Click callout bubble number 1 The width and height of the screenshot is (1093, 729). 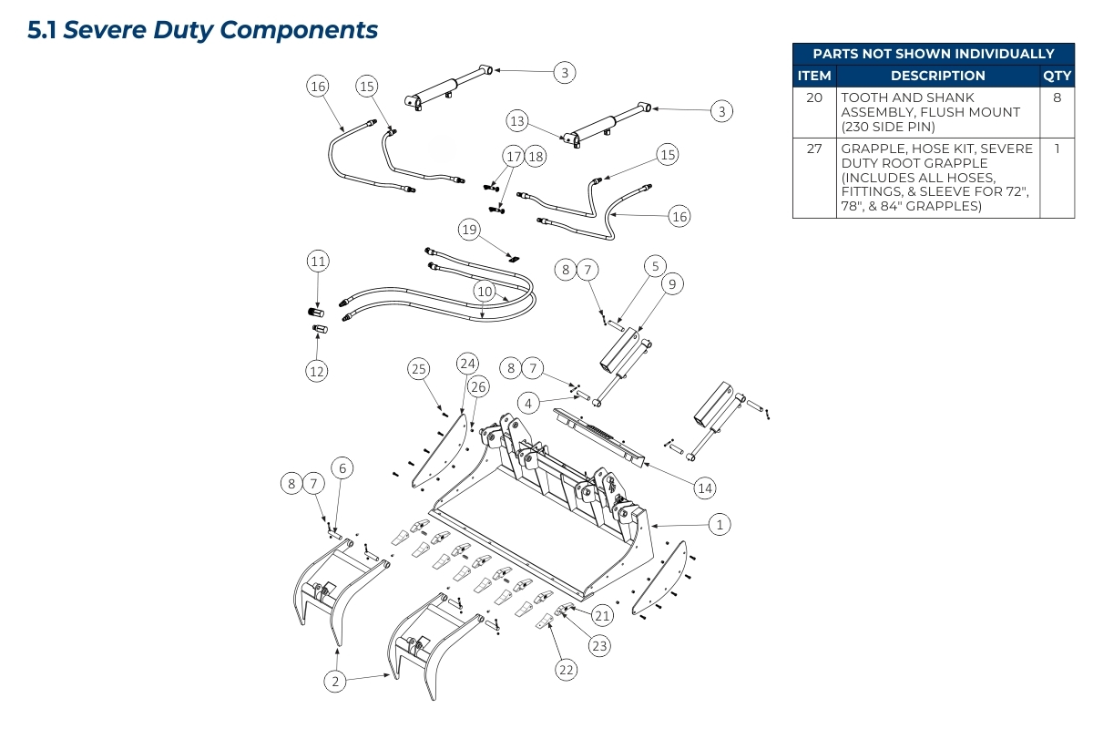[720, 525]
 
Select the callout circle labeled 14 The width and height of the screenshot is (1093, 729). [704, 488]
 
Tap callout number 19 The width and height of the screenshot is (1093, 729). [469, 230]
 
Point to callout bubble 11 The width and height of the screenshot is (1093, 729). [317, 262]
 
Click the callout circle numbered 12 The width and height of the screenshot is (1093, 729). [317, 371]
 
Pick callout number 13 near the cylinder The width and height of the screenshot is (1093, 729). [517, 121]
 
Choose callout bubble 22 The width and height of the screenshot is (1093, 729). [567, 670]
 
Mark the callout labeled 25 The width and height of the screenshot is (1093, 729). [418, 369]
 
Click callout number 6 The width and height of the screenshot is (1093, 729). [342, 468]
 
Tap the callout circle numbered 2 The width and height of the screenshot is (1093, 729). [335, 681]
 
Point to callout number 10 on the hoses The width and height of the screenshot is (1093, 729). [484, 292]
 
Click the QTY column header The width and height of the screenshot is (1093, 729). [1057, 76]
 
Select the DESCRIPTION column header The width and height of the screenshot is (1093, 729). [937, 76]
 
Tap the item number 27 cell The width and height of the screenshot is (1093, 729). [814, 149]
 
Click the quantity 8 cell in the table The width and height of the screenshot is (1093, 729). [1057, 98]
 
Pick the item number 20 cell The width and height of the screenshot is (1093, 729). [814, 98]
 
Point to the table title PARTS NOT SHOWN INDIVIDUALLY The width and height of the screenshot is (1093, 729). [934, 54]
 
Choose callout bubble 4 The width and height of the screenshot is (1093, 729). [527, 402]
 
